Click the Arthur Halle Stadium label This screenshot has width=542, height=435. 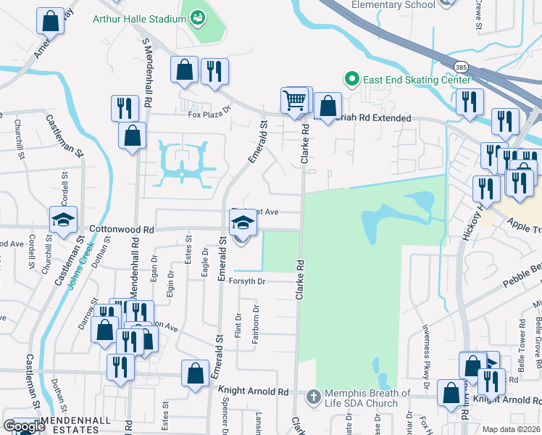(140, 19)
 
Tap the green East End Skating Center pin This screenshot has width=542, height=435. (351, 79)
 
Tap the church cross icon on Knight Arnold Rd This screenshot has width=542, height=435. (313, 397)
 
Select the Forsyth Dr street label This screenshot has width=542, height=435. (248, 281)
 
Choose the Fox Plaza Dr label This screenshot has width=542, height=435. (209, 113)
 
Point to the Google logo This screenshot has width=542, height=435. (23, 426)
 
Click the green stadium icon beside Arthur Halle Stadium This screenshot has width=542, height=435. (196, 19)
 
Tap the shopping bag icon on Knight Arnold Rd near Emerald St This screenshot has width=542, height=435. (195, 374)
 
